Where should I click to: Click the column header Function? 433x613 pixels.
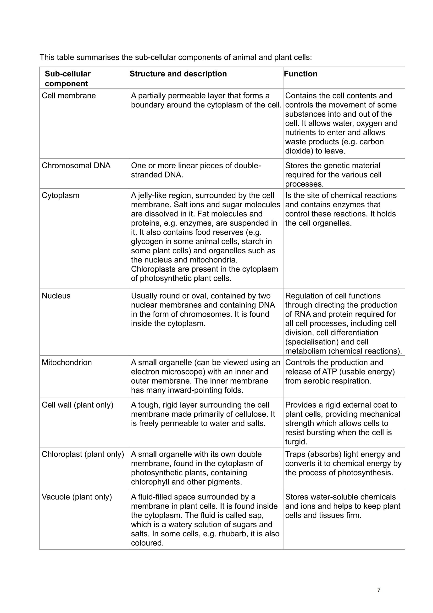pos(300,74)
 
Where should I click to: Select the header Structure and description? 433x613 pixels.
pos(178,74)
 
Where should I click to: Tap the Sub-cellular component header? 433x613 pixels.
pos(67,79)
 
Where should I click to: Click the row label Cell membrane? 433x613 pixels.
pos(69,96)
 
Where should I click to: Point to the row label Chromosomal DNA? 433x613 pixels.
pos(76,165)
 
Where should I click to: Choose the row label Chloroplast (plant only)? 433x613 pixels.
pos(83,454)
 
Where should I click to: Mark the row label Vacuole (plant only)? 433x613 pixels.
pos(77,497)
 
